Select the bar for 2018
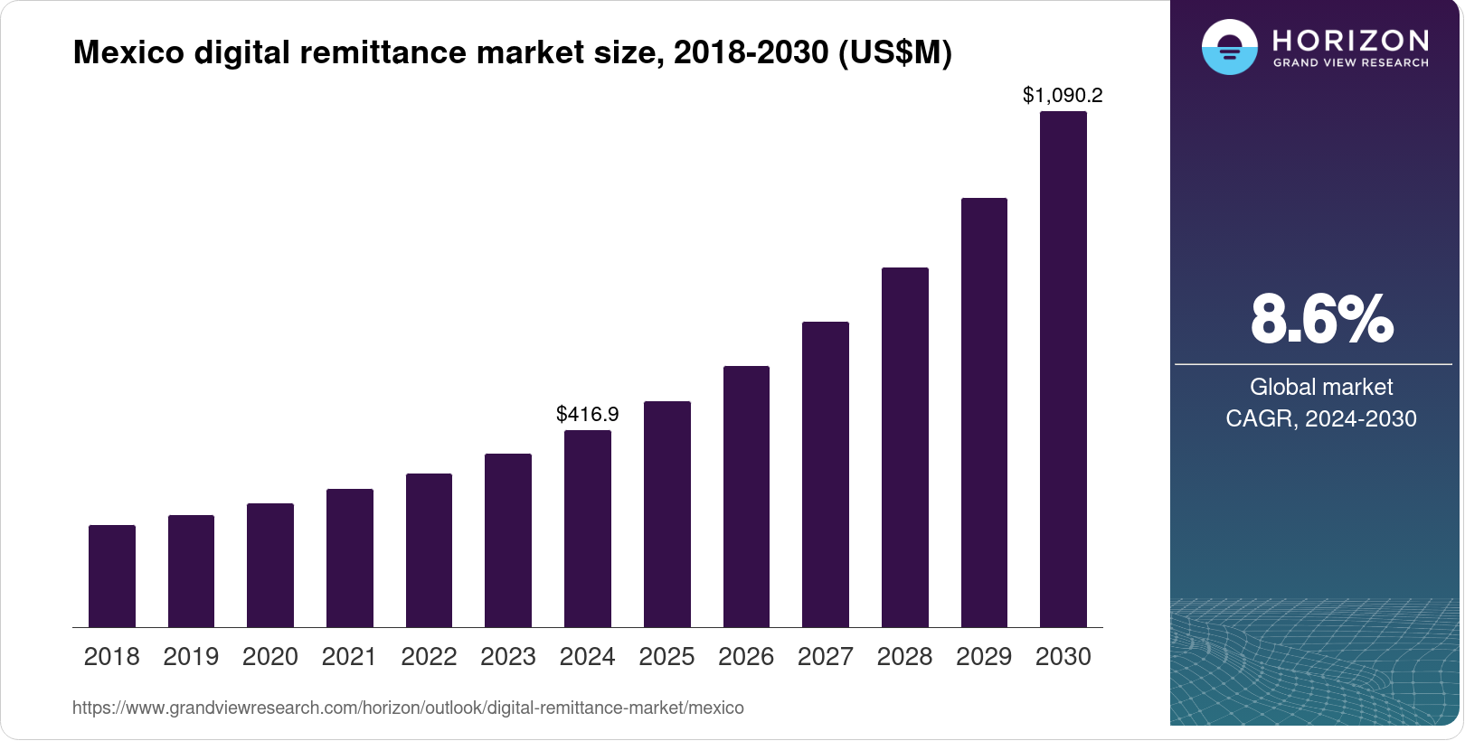pyautogui.click(x=112, y=576)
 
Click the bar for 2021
pyautogui.click(x=350, y=558)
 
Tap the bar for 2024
pyautogui.click(x=588, y=529)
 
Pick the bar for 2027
pyautogui.click(x=826, y=474)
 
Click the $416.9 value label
pyautogui.click(x=588, y=414)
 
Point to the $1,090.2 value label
pyautogui.click(x=1063, y=95)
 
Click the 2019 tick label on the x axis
pyautogui.click(x=191, y=657)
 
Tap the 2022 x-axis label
pyautogui.click(x=429, y=657)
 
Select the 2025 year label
pyautogui.click(x=666, y=657)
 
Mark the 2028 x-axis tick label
pyautogui.click(x=904, y=657)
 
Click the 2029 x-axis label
pyautogui.click(x=984, y=657)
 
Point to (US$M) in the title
pyautogui.click(x=895, y=52)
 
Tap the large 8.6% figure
pyautogui.click(x=1321, y=319)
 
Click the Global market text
pyautogui.click(x=1321, y=387)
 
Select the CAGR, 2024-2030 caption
pyautogui.click(x=1321, y=418)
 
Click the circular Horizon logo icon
pyautogui.click(x=1229, y=47)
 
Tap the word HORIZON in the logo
pyautogui.click(x=1350, y=40)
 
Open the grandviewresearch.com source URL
pyautogui.click(x=408, y=708)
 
